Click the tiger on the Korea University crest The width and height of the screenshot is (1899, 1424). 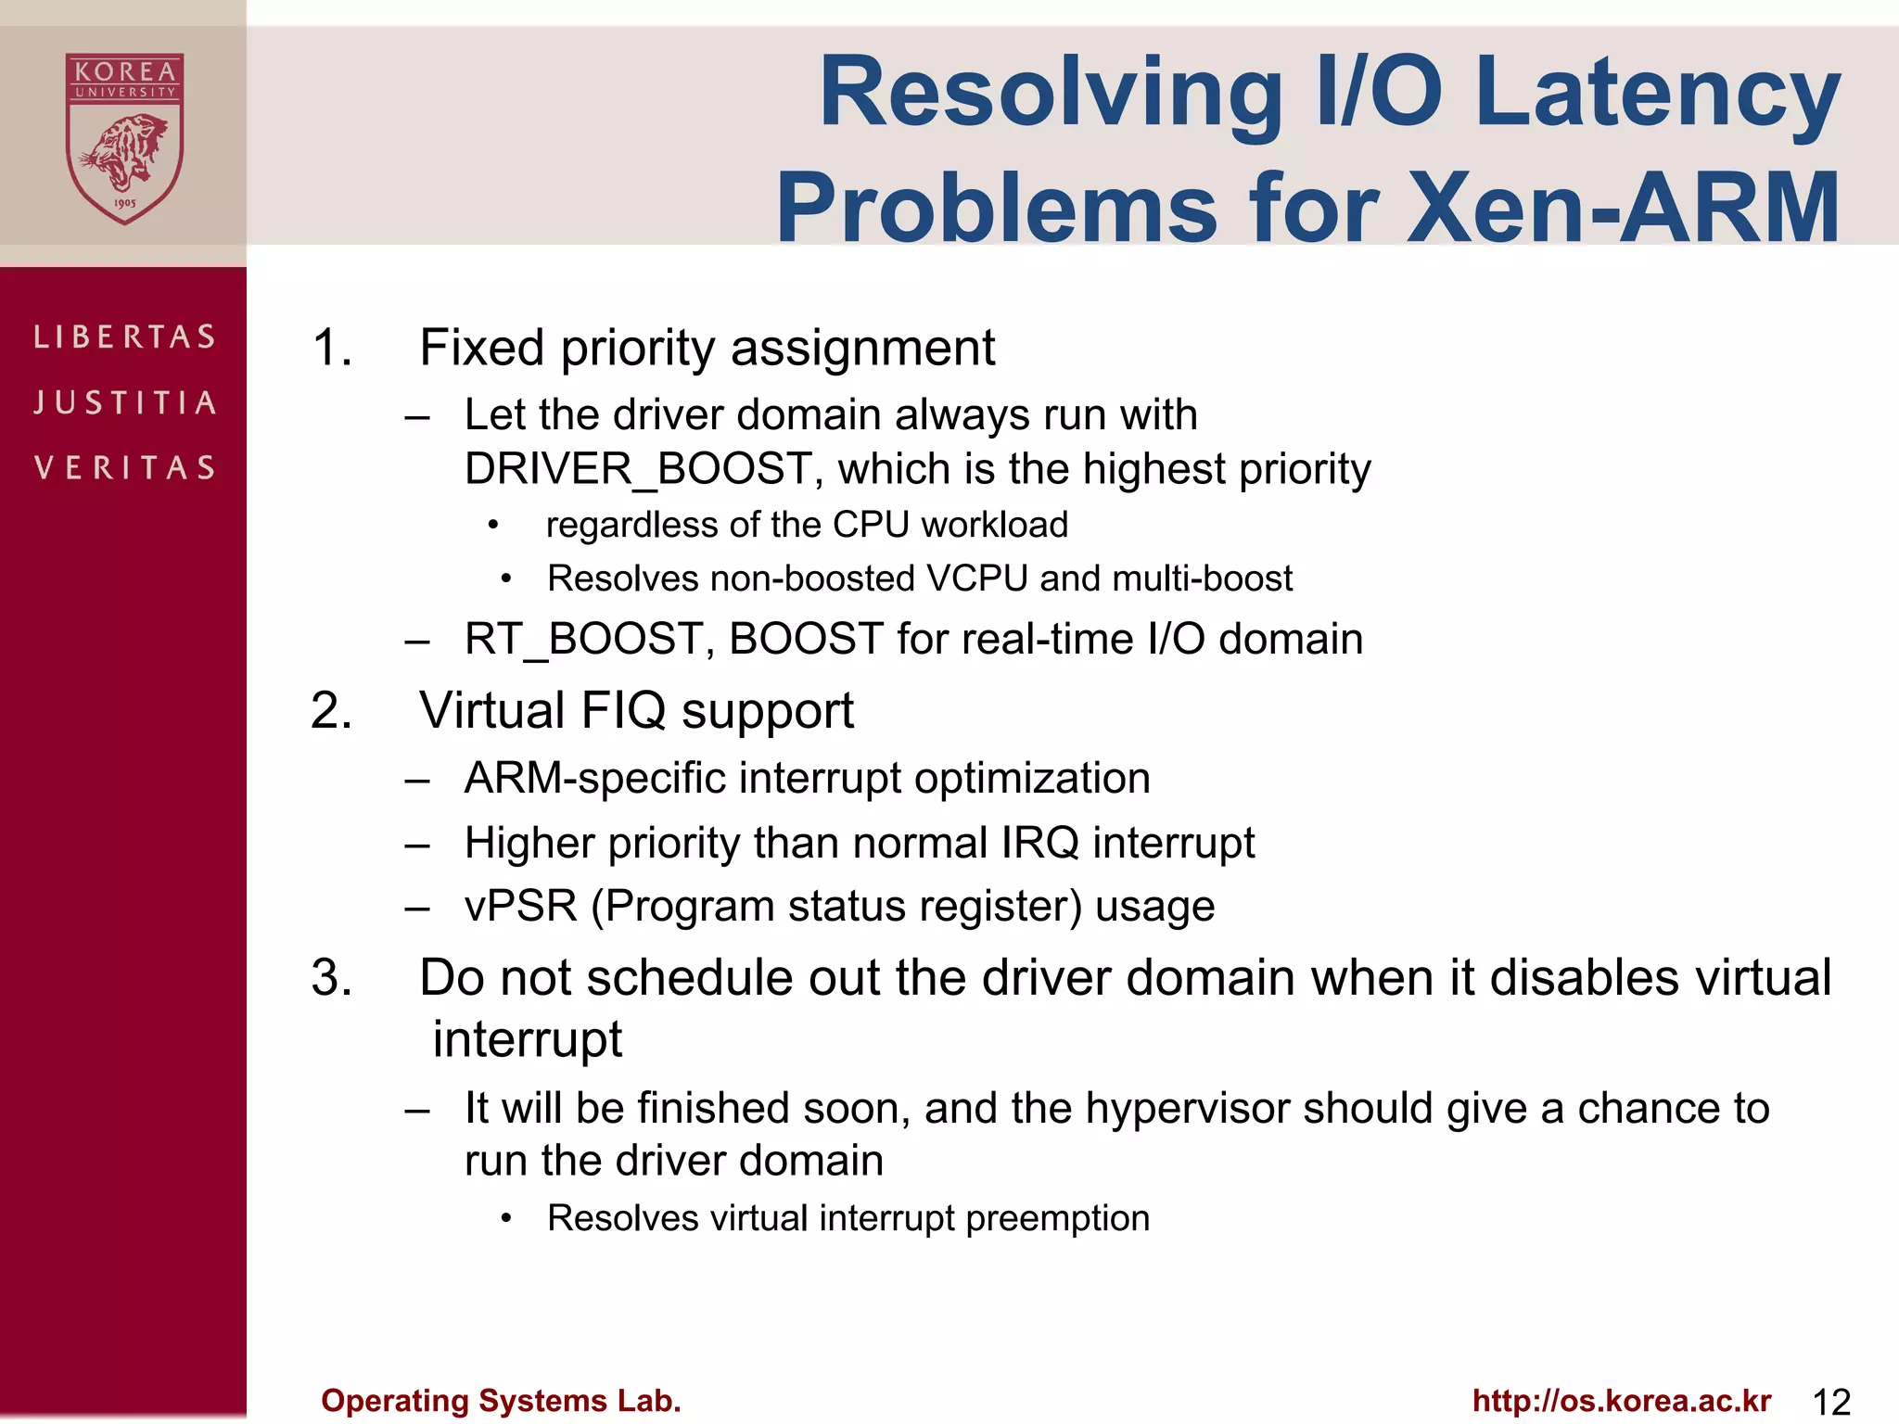pos(124,153)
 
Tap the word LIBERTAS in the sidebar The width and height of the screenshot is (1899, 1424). pos(124,337)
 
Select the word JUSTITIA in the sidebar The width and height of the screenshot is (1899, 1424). pos(124,402)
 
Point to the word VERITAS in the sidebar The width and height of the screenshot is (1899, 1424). pos(124,467)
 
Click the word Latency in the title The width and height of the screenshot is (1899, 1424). pos(1656,93)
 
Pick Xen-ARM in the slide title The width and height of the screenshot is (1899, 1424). pos(1623,208)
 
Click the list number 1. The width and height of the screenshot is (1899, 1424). pos(331,349)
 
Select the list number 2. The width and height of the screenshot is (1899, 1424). pos(331,712)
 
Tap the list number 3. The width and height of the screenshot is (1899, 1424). pos(331,978)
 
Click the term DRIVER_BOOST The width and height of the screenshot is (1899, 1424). pos(638,469)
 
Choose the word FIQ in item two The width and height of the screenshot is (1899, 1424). pos(623,711)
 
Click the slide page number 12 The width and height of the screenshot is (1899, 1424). pos(1830,1402)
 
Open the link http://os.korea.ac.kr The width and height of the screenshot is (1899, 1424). pos(1622,1401)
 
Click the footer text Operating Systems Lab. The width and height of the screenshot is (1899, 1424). pos(501,1401)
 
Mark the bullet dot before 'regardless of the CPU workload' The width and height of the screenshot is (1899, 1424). pos(494,527)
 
